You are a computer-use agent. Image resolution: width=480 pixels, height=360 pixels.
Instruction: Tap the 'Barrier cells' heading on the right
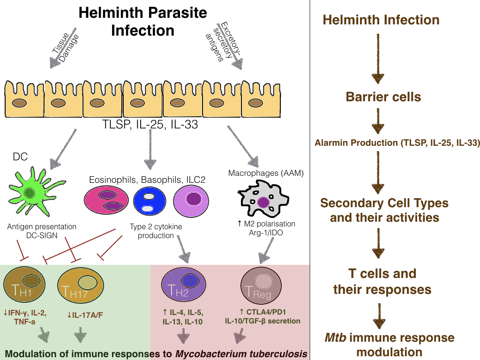point(383,97)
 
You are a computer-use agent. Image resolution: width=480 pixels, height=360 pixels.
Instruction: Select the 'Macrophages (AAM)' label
point(266,173)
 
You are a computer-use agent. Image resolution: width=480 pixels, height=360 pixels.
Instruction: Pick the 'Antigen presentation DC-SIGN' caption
point(42,231)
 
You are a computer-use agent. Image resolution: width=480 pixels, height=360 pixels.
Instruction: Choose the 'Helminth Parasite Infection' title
point(142,22)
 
